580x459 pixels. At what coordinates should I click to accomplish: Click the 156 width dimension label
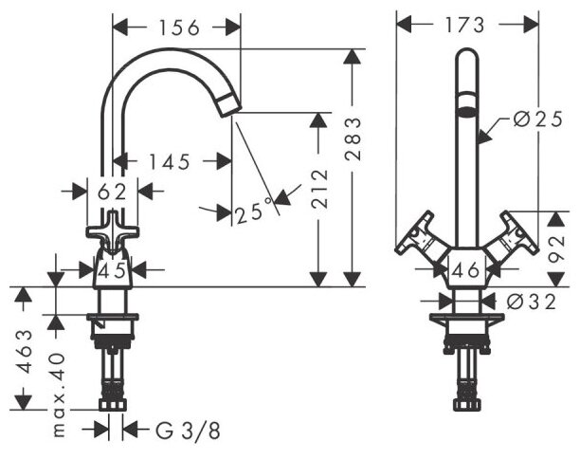pos(177,28)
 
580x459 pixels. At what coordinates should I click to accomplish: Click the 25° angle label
pos(254,212)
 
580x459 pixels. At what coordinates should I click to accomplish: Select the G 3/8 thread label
pos(186,431)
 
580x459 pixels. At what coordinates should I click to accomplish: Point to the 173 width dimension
pos(465,24)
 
